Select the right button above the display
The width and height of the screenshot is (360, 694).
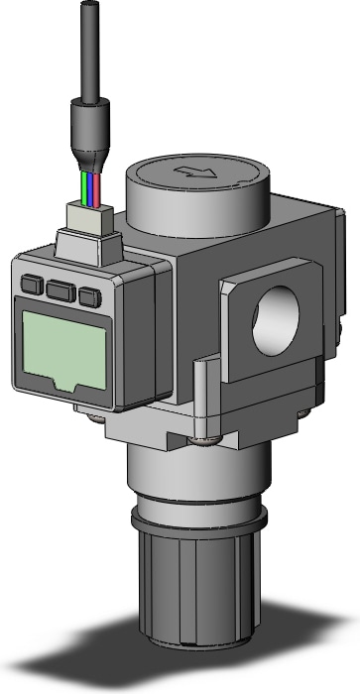(x=91, y=295)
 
